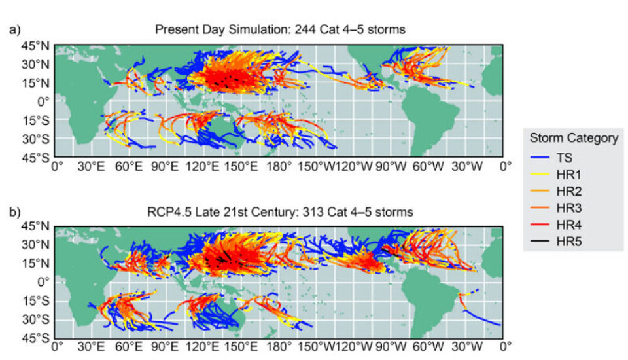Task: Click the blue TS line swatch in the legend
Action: pyautogui.click(x=539, y=158)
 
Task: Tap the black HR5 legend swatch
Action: pyautogui.click(x=539, y=242)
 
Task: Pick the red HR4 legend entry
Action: pyautogui.click(x=539, y=225)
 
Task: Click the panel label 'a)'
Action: pyautogui.click(x=13, y=29)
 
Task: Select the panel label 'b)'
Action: pyautogui.click(x=13, y=211)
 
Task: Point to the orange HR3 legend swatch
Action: pyautogui.click(x=539, y=208)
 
